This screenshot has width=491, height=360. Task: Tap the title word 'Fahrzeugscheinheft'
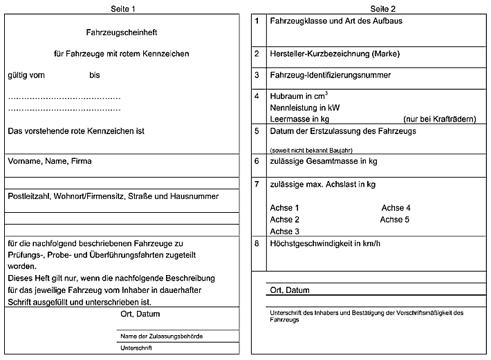pos(122,32)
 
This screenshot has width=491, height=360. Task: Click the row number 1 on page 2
pos(257,21)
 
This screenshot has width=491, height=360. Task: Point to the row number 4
pos(257,96)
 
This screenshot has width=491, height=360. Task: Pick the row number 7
pos(257,184)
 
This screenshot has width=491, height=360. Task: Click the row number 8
pos(257,243)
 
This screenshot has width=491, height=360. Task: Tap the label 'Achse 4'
pos(396,208)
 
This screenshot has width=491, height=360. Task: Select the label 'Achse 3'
pos(285,231)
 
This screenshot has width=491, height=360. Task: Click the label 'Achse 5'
pos(395,220)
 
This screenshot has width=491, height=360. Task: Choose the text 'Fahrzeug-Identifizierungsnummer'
pos(331,75)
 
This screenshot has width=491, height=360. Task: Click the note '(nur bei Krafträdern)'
pos(440,119)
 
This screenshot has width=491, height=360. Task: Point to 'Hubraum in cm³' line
pos(299,96)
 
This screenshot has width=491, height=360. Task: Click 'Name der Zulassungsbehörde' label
pos(162,336)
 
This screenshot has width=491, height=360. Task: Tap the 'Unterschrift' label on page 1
pos(136,348)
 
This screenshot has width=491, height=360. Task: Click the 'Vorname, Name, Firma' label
pos(50,161)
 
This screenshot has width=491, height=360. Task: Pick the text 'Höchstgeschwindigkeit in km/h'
pos(325,243)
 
